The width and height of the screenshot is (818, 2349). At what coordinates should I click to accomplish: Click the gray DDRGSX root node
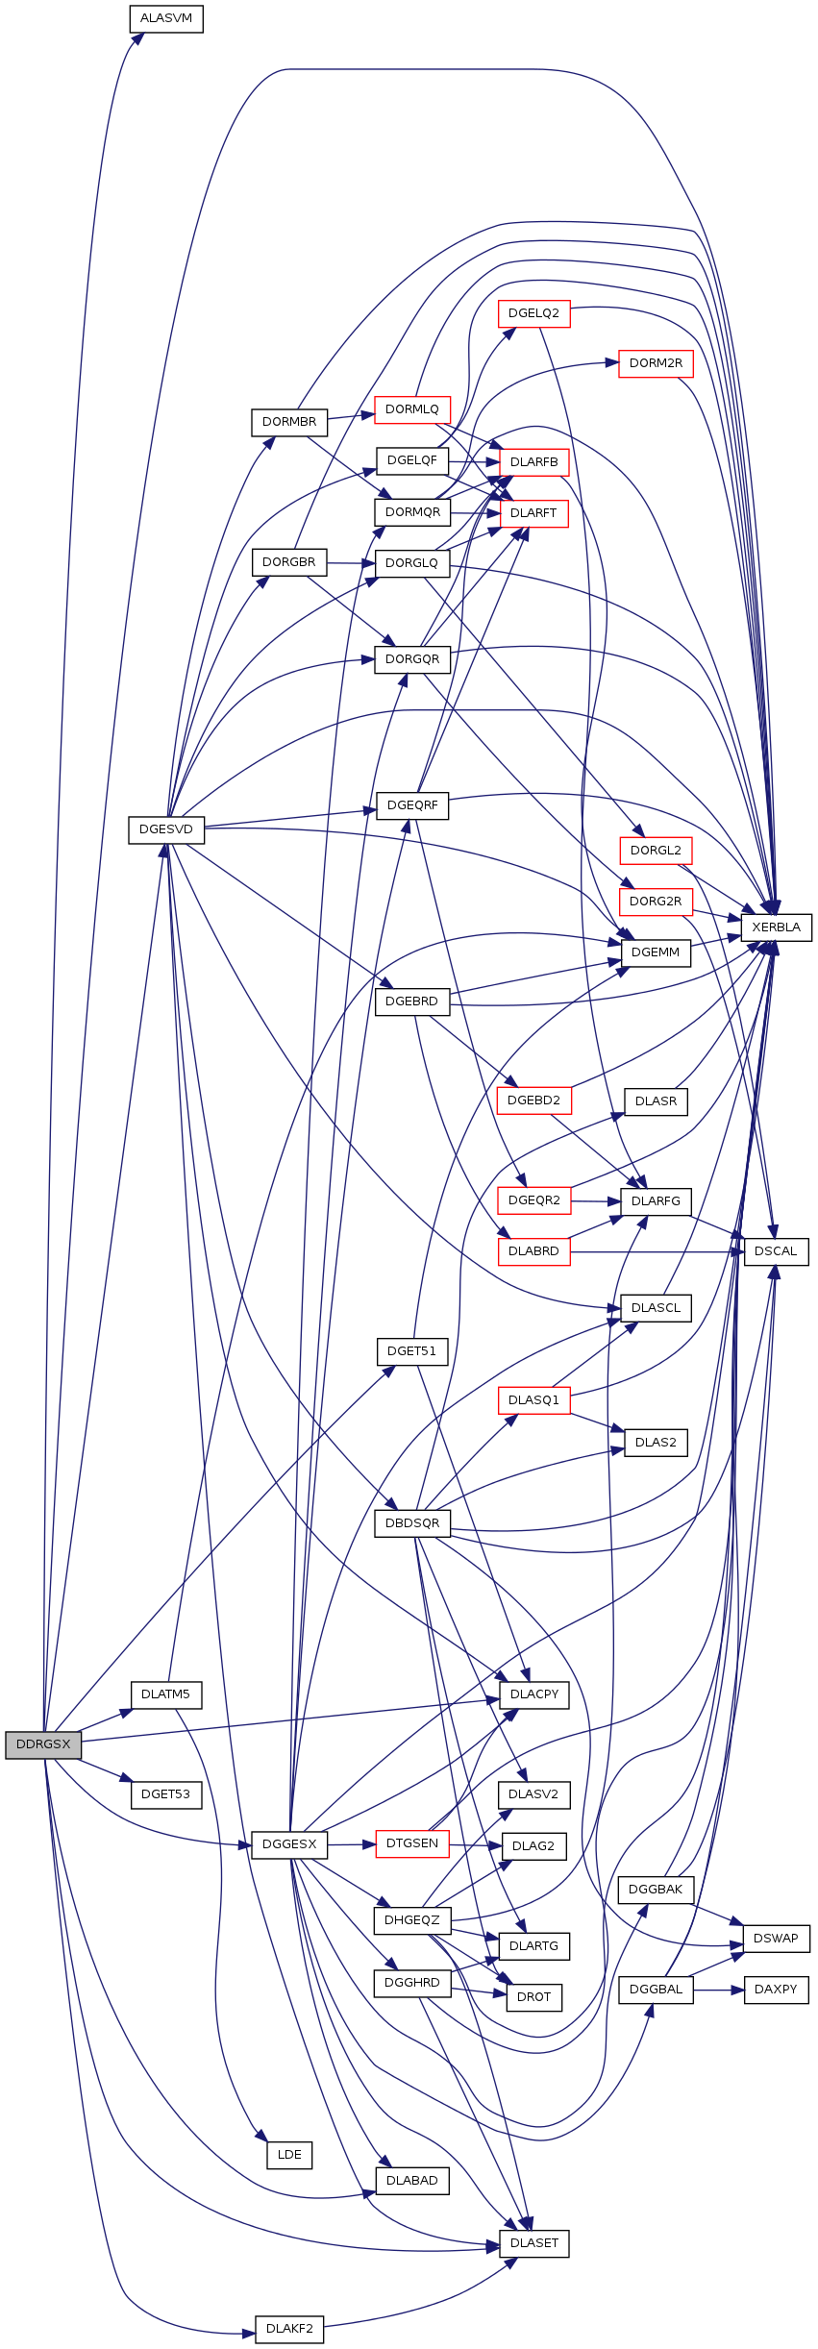point(43,1744)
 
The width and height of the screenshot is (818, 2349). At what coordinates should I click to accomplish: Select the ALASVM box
point(166,18)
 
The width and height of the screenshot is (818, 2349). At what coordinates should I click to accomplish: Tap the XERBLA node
point(776,927)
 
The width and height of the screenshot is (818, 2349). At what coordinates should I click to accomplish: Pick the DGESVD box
point(166,828)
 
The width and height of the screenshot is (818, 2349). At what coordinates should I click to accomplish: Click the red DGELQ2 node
point(533,313)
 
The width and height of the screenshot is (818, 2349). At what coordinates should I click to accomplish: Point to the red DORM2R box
point(656,363)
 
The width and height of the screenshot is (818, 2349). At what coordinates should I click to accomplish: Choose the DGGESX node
point(289,1844)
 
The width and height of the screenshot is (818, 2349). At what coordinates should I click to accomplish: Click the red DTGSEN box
point(412,1843)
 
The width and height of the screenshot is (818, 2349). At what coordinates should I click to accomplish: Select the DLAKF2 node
point(289,2329)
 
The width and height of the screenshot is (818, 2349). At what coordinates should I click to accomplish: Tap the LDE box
point(289,2154)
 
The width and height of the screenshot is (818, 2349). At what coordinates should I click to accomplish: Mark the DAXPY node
point(776,1989)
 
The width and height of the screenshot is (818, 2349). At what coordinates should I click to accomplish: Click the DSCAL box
point(776,1251)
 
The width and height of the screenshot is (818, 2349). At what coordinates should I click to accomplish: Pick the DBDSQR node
point(412,1522)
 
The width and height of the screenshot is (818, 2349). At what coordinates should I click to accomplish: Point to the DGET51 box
point(412,1350)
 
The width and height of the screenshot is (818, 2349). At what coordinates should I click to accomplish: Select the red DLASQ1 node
point(533,1399)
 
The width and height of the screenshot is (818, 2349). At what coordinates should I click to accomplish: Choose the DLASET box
point(533,2242)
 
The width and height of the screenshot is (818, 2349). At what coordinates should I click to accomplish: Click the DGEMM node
point(656,952)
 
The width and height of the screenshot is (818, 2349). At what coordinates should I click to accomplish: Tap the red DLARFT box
point(533,513)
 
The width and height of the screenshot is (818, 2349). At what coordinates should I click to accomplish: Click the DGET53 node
point(166,1793)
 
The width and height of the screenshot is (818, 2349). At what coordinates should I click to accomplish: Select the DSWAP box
point(776,1938)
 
